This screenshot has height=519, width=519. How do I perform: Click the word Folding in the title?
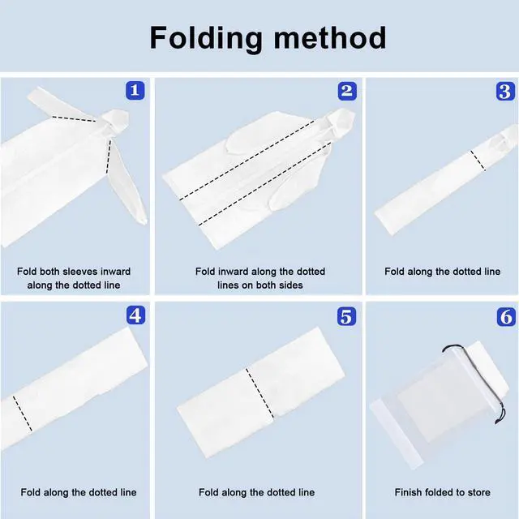(206, 39)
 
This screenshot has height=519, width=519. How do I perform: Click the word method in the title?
(330, 37)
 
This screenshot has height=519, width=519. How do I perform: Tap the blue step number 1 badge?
(135, 90)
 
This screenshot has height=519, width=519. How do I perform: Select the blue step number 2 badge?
(347, 91)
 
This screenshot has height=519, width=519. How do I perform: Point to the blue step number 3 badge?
(505, 91)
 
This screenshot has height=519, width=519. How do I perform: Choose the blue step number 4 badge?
(135, 315)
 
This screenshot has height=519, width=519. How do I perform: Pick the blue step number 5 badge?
(346, 316)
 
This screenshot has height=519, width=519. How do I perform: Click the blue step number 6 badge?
(506, 317)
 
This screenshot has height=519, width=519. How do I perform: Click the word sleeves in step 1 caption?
(80, 272)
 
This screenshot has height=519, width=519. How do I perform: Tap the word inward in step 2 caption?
(233, 272)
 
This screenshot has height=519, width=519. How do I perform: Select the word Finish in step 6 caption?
(407, 492)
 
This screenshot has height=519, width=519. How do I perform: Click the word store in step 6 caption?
(478, 492)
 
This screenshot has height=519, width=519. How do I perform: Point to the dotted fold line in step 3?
(478, 161)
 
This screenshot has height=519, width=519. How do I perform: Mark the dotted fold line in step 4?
(23, 414)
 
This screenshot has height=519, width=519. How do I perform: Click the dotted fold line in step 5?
(259, 393)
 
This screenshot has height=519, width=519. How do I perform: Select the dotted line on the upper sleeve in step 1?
(74, 119)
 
